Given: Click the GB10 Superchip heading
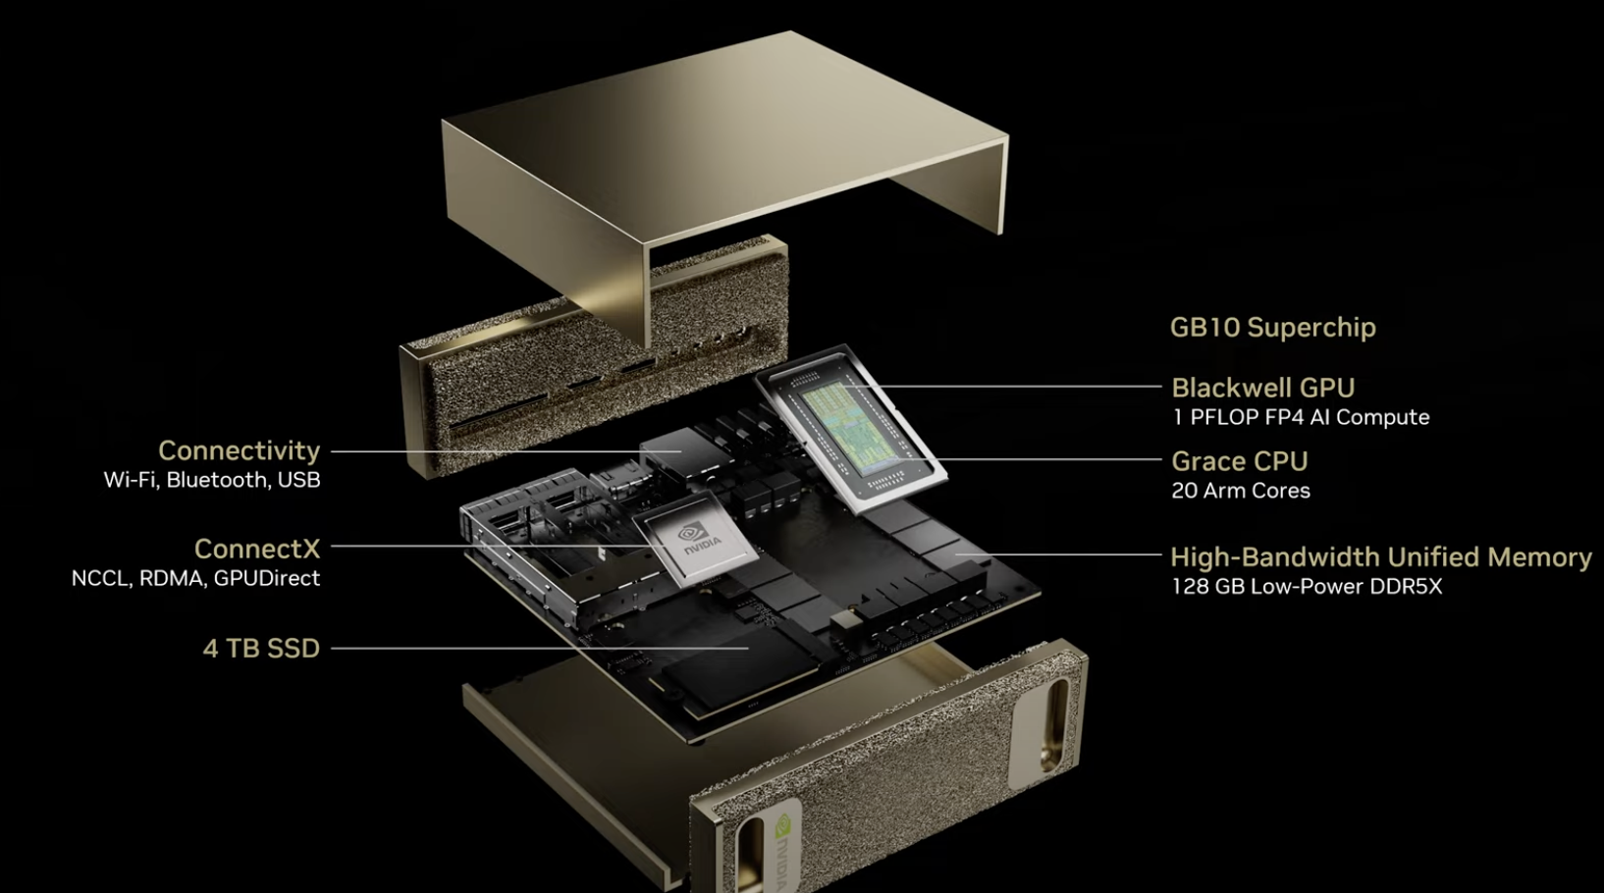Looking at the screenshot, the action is (1272, 327).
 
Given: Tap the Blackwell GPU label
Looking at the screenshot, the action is (1262, 388).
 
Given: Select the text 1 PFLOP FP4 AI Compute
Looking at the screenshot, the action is (1301, 417).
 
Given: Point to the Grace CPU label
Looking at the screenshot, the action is (1240, 461).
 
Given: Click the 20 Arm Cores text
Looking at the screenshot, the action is (1241, 491).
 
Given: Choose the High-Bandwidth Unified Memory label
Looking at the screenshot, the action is (1381, 556).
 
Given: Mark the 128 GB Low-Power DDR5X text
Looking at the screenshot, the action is (1307, 587).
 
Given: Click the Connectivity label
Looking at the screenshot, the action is (240, 451).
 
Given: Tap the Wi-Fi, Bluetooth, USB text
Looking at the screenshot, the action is (212, 480).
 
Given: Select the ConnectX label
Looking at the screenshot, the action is (257, 550).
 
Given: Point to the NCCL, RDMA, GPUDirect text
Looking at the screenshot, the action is (195, 578).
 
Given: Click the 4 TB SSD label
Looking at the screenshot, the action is (261, 648).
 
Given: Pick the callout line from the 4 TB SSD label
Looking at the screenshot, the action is (540, 649).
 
